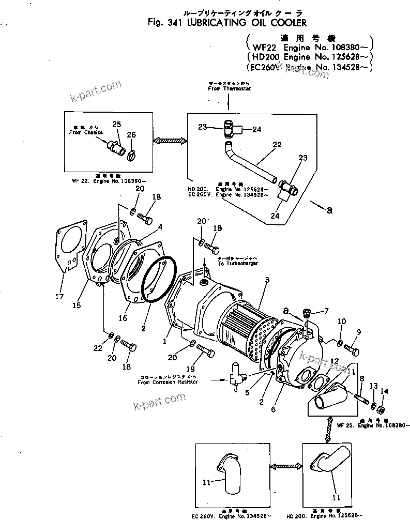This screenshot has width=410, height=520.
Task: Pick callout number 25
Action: pos(116,124)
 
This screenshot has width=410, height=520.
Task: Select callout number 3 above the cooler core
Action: pos(267,280)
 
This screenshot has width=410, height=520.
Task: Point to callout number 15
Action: pos(77,305)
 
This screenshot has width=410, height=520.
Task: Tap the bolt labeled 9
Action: pos(354,350)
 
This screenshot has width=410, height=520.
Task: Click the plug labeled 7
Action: pos(307,313)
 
